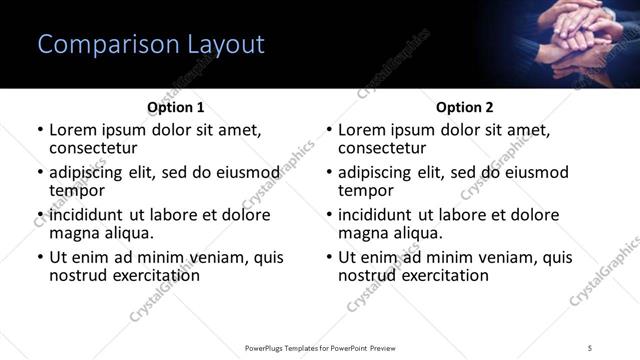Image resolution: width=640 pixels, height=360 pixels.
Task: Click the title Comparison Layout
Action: tap(151, 45)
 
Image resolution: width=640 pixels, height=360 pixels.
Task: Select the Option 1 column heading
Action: tap(175, 107)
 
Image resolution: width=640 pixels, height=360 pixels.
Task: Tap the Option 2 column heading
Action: tap(464, 107)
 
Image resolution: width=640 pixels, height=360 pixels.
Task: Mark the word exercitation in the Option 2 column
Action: tap(443, 275)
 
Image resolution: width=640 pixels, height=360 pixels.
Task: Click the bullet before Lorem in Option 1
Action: tap(40, 130)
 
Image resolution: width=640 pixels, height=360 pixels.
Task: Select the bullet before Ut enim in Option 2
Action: tap(329, 257)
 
